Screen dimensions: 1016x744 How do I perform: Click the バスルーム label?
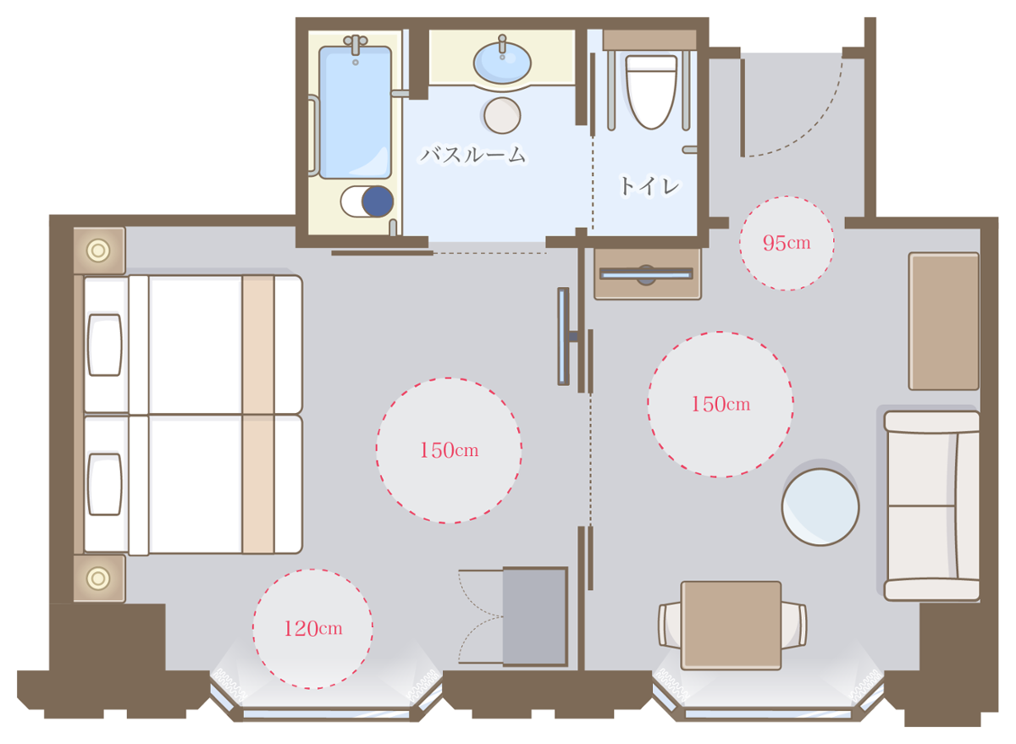(473, 155)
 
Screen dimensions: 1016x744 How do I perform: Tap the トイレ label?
(650, 186)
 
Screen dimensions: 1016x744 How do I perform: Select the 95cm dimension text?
(787, 243)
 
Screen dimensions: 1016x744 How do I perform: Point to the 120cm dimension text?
(313, 629)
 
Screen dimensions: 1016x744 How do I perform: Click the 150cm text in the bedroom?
(449, 450)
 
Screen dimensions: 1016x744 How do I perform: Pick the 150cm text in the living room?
(721, 405)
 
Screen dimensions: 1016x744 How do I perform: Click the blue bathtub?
(355, 112)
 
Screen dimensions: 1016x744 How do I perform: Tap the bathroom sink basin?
(502, 63)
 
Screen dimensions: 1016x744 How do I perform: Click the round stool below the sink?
(502, 115)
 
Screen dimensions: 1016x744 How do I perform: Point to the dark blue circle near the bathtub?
(378, 201)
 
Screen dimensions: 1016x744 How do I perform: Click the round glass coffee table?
(820, 507)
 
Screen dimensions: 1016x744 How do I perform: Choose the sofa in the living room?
(931, 506)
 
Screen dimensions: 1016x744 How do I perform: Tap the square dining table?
(731, 626)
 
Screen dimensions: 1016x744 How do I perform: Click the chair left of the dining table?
(670, 626)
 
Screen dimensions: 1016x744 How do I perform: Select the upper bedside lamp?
(98, 251)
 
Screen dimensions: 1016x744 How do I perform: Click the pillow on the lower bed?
(105, 484)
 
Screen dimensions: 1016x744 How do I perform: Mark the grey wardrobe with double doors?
(535, 616)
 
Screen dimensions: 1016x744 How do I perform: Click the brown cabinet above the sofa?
(944, 321)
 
